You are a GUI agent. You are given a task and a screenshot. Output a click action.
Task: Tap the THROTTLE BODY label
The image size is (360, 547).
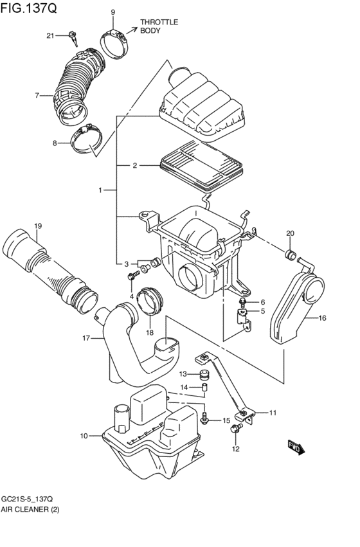pyautogui.click(x=158, y=26)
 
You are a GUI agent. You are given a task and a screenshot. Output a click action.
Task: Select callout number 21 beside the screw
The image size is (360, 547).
pyautogui.click(x=50, y=36)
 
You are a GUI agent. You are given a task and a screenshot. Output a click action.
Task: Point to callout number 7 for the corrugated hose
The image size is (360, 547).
pyautogui.click(x=37, y=96)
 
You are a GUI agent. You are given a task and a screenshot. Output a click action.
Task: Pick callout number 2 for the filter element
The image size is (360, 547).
pyautogui.click(x=135, y=166)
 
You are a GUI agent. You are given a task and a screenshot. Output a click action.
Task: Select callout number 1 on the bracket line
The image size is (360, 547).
pyautogui.click(x=100, y=190)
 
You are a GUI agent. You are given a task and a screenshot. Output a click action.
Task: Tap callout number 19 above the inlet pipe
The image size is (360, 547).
pyautogui.click(x=38, y=226)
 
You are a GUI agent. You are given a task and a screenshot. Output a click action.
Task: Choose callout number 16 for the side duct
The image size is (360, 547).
pyautogui.click(x=322, y=318)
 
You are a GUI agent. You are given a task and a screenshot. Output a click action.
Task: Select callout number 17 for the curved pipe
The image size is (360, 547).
pyautogui.click(x=85, y=337)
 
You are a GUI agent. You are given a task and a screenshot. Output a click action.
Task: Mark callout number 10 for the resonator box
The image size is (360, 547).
pyautogui.click(x=84, y=436)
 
